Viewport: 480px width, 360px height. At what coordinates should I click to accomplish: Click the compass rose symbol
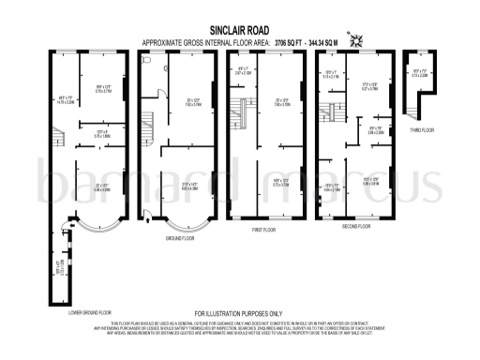pos(355,39)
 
